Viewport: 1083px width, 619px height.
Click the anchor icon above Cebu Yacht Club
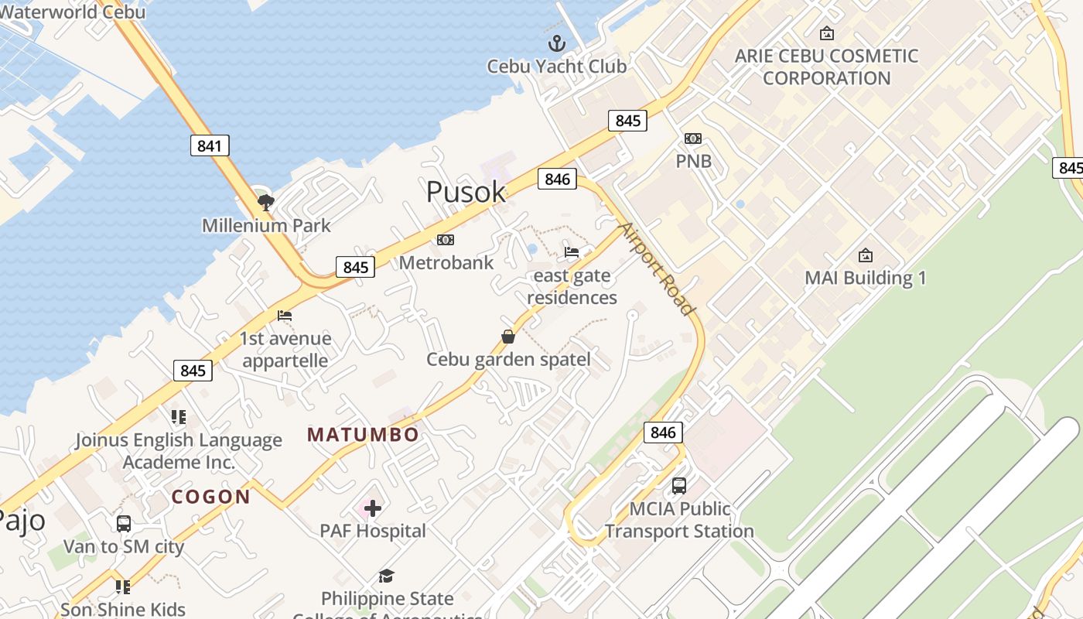coord(555,43)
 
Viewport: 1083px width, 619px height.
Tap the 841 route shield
coord(210,145)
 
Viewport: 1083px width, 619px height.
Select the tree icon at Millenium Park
coord(266,203)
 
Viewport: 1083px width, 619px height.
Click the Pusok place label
coord(466,192)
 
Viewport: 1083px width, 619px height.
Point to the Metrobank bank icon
coord(446,240)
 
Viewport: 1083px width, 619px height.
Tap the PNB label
coord(693,162)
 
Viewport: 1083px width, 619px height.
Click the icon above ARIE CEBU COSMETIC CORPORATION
coord(826,33)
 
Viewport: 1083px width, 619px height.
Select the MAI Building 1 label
coord(865,278)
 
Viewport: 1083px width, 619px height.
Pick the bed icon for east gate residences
coord(572,252)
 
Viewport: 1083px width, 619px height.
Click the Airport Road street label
coord(657,268)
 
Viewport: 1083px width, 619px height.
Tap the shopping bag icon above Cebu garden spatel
coord(508,337)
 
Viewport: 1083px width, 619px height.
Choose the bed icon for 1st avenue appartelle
coord(285,316)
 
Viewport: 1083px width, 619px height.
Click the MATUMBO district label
coord(363,435)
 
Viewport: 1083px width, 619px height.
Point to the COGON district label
coord(211,497)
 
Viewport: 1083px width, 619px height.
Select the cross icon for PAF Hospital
coord(373,508)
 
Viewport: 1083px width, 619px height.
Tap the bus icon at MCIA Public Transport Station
coord(678,486)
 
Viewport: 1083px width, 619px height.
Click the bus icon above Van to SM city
coord(124,524)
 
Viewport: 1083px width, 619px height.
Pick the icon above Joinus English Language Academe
coord(179,417)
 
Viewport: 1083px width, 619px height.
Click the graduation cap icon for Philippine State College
coord(386,576)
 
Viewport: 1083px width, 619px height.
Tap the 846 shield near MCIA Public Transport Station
coord(663,433)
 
